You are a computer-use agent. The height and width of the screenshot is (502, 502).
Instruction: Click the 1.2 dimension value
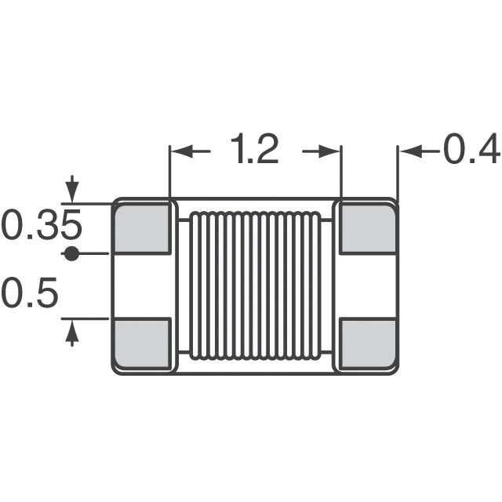(x=255, y=150)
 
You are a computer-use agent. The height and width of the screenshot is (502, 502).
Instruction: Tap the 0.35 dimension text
(x=41, y=227)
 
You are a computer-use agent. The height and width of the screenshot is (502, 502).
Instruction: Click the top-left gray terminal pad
(x=143, y=228)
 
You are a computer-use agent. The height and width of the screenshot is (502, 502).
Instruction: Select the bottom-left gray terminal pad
(x=143, y=344)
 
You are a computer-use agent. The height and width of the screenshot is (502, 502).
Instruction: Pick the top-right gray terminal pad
(x=369, y=228)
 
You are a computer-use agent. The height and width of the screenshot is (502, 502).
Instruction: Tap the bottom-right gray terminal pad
(x=369, y=344)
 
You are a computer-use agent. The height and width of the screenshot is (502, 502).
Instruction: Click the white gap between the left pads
(x=143, y=286)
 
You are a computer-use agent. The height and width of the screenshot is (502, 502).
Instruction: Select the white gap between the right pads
(x=369, y=286)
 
